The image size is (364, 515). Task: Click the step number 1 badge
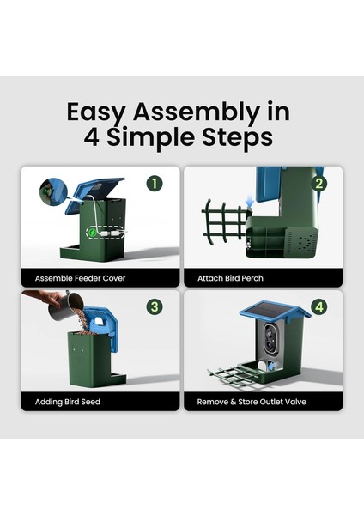(155, 184)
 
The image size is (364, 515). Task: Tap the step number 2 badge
(319, 184)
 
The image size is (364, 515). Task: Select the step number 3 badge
(155, 307)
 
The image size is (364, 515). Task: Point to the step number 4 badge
(319, 307)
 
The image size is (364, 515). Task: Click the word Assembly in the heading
(196, 112)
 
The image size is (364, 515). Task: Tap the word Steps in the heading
(237, 137)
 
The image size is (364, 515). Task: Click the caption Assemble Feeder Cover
(80, 278)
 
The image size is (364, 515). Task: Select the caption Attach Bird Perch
(230, 278)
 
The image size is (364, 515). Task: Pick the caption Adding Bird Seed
(68, 402)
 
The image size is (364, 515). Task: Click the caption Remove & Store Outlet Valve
(252, 402)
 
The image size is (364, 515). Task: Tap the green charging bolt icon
(93, 233)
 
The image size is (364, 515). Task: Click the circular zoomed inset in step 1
(53, 191)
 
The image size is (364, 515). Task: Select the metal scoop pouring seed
(65, 306)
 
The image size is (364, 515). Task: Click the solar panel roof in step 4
(275, 309)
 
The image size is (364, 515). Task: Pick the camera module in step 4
(271, 341)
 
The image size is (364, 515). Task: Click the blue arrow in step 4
(271, 365)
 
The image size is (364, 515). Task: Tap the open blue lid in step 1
(95, 194)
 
